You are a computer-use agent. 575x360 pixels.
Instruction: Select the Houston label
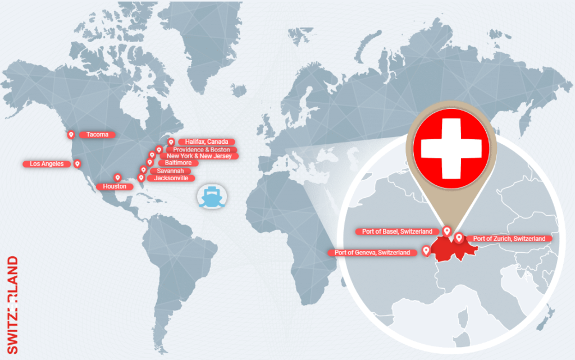point(115,186)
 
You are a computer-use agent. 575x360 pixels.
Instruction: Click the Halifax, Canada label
point(206,142)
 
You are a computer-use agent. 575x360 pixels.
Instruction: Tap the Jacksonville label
point(171,179)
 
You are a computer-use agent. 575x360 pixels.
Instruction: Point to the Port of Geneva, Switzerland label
point(372,253)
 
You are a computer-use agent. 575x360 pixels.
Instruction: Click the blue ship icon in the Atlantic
point(211,197)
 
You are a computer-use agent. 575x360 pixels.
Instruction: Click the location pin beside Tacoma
point(71,135)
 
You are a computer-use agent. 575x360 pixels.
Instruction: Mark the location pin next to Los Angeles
point(77,164)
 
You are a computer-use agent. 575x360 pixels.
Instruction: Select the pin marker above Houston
point(118,177)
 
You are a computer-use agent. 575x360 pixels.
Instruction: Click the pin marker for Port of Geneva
point(426,250)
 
